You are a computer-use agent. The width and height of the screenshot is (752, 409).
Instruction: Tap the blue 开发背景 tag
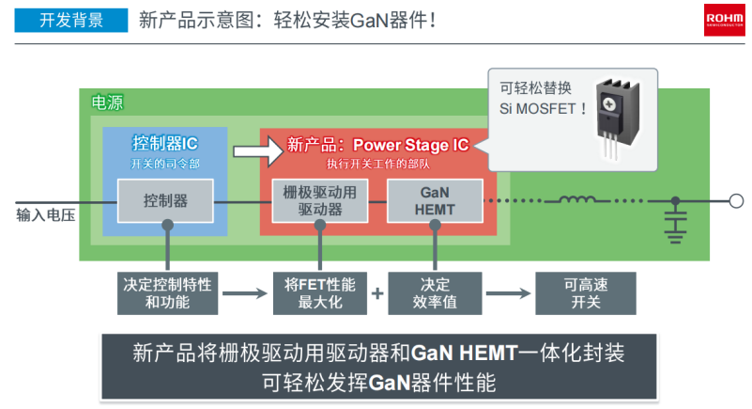71,20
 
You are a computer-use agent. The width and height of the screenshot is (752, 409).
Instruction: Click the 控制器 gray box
166,200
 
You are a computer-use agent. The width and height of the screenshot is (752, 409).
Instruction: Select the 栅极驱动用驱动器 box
319,200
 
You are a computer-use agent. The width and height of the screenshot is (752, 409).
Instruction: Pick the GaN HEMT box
435,200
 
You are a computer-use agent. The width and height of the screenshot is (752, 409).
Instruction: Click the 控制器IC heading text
165,144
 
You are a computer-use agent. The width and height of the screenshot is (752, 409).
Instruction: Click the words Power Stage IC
410,145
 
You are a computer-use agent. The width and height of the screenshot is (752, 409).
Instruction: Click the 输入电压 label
45,215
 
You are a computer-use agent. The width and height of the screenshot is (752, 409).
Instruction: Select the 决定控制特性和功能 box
167,292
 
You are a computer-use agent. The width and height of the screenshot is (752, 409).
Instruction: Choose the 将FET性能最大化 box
320,292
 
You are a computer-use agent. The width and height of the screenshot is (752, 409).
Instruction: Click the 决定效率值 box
435,292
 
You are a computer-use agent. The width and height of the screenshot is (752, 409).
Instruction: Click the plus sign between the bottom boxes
377,293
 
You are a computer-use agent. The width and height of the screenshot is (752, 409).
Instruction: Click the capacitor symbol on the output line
674,218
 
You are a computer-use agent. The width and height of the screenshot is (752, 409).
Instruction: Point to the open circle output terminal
736,200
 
